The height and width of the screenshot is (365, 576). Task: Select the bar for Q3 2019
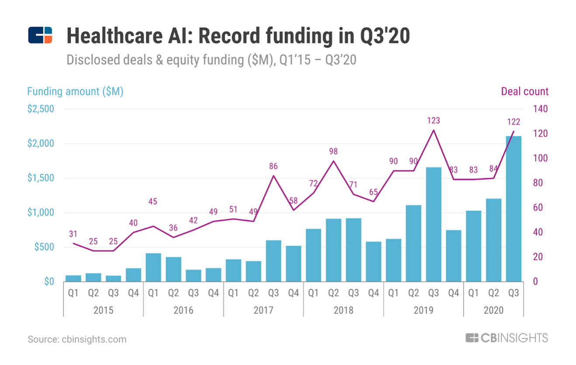coord(434,224)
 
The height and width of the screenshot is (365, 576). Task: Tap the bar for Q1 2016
coord(153,267)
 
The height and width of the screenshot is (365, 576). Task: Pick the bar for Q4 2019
coord(454,255)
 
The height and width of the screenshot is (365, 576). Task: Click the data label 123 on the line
coord(434,121)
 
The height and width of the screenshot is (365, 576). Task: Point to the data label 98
coord(333,152)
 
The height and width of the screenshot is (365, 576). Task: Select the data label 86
coord(274,166)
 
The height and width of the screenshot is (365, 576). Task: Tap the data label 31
coord(73,234)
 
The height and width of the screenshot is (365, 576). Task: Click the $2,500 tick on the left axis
coord(41,109)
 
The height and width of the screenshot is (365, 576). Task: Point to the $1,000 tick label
coord(41,213)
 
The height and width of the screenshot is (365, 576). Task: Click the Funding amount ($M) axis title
coord(75,92)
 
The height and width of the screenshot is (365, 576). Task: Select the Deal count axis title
coord(524,92)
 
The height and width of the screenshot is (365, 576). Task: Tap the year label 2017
coord(264,310)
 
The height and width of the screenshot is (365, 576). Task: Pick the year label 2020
coord(493,310)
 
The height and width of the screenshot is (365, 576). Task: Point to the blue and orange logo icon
coord(40,35)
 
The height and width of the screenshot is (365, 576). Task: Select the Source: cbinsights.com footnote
coord(77,339)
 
